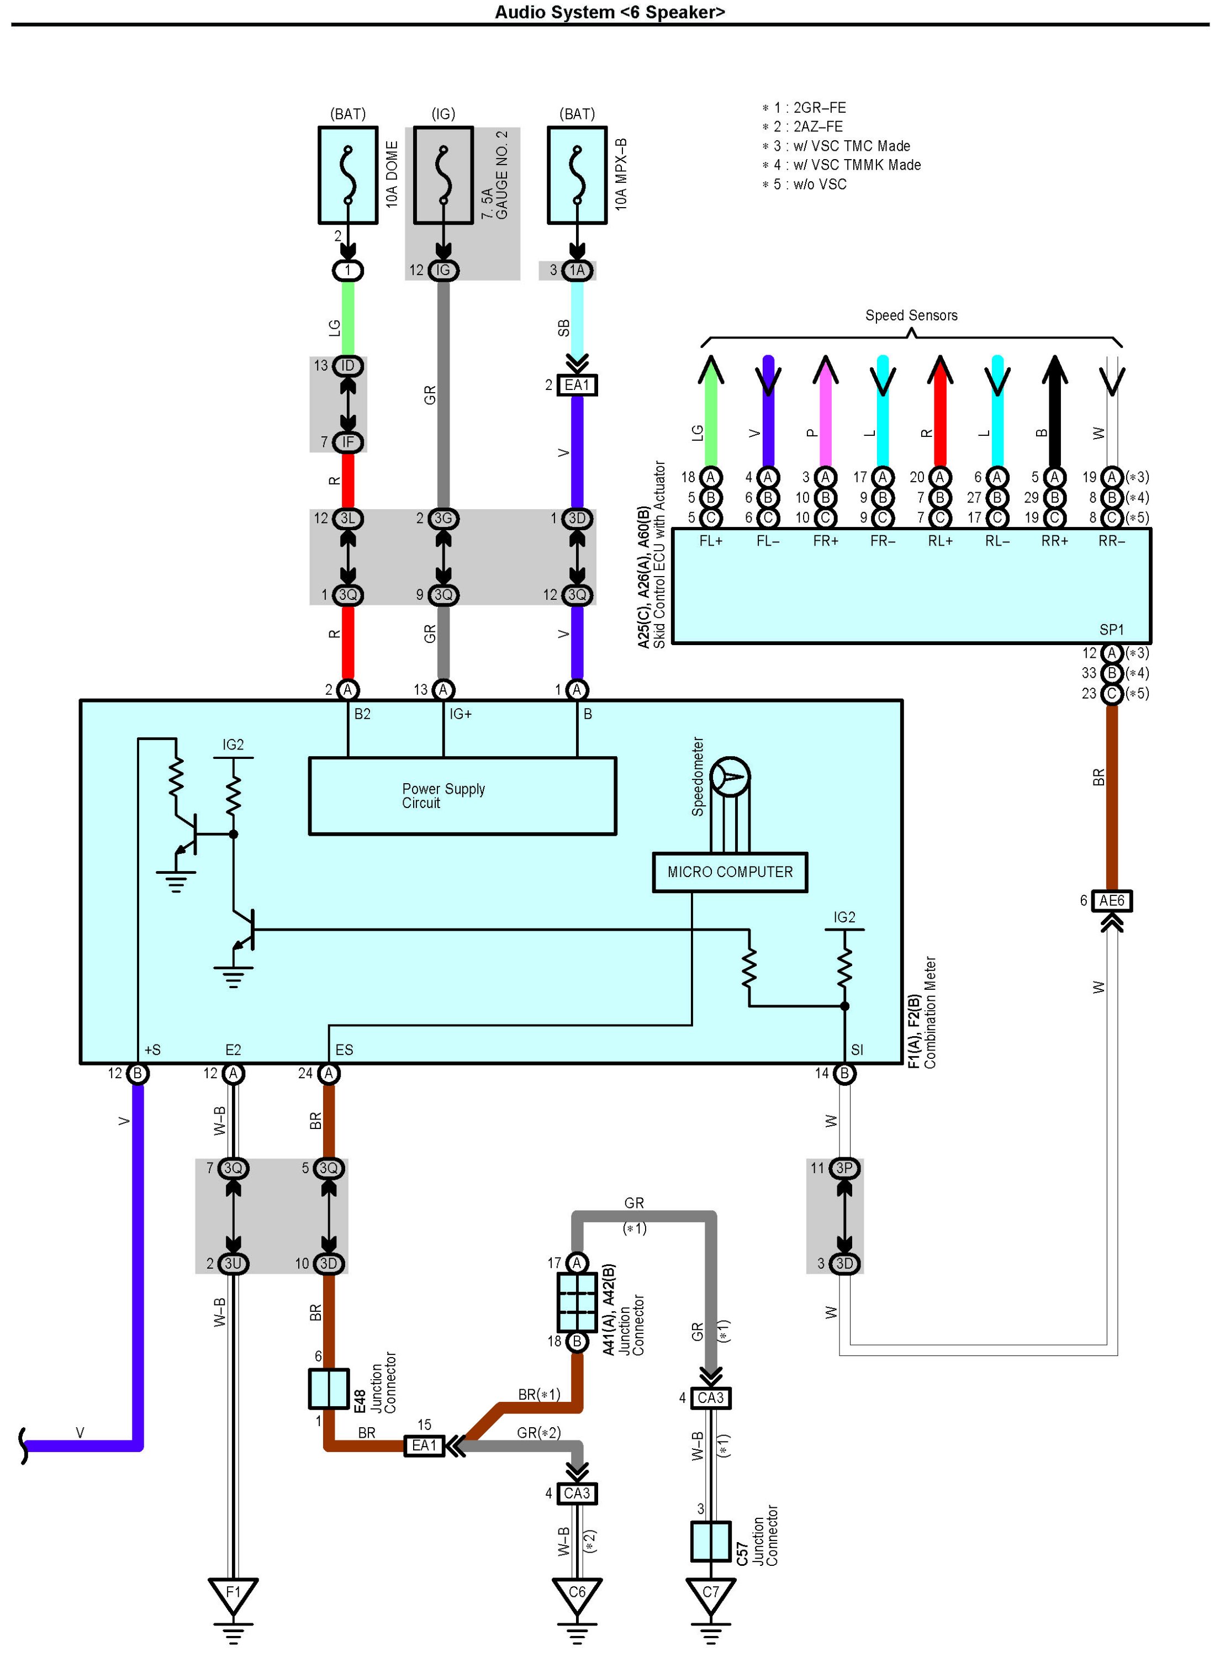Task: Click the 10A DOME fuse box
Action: coord(348,175)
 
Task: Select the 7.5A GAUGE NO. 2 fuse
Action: coord(443,175)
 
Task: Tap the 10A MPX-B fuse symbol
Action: coord(577,175)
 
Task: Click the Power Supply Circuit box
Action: coord(462,795)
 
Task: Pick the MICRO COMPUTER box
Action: coord(730,872)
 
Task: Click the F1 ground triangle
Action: coord(234,1596)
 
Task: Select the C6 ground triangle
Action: coord(577,1596)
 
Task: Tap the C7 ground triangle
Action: coord(710,1596)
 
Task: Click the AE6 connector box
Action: coord(1111,900)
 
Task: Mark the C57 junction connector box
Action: coord(710,1541)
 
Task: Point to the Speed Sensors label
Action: coord(911,315)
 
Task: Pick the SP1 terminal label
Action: coord(1111,629)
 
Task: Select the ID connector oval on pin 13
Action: coord(348,366)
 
